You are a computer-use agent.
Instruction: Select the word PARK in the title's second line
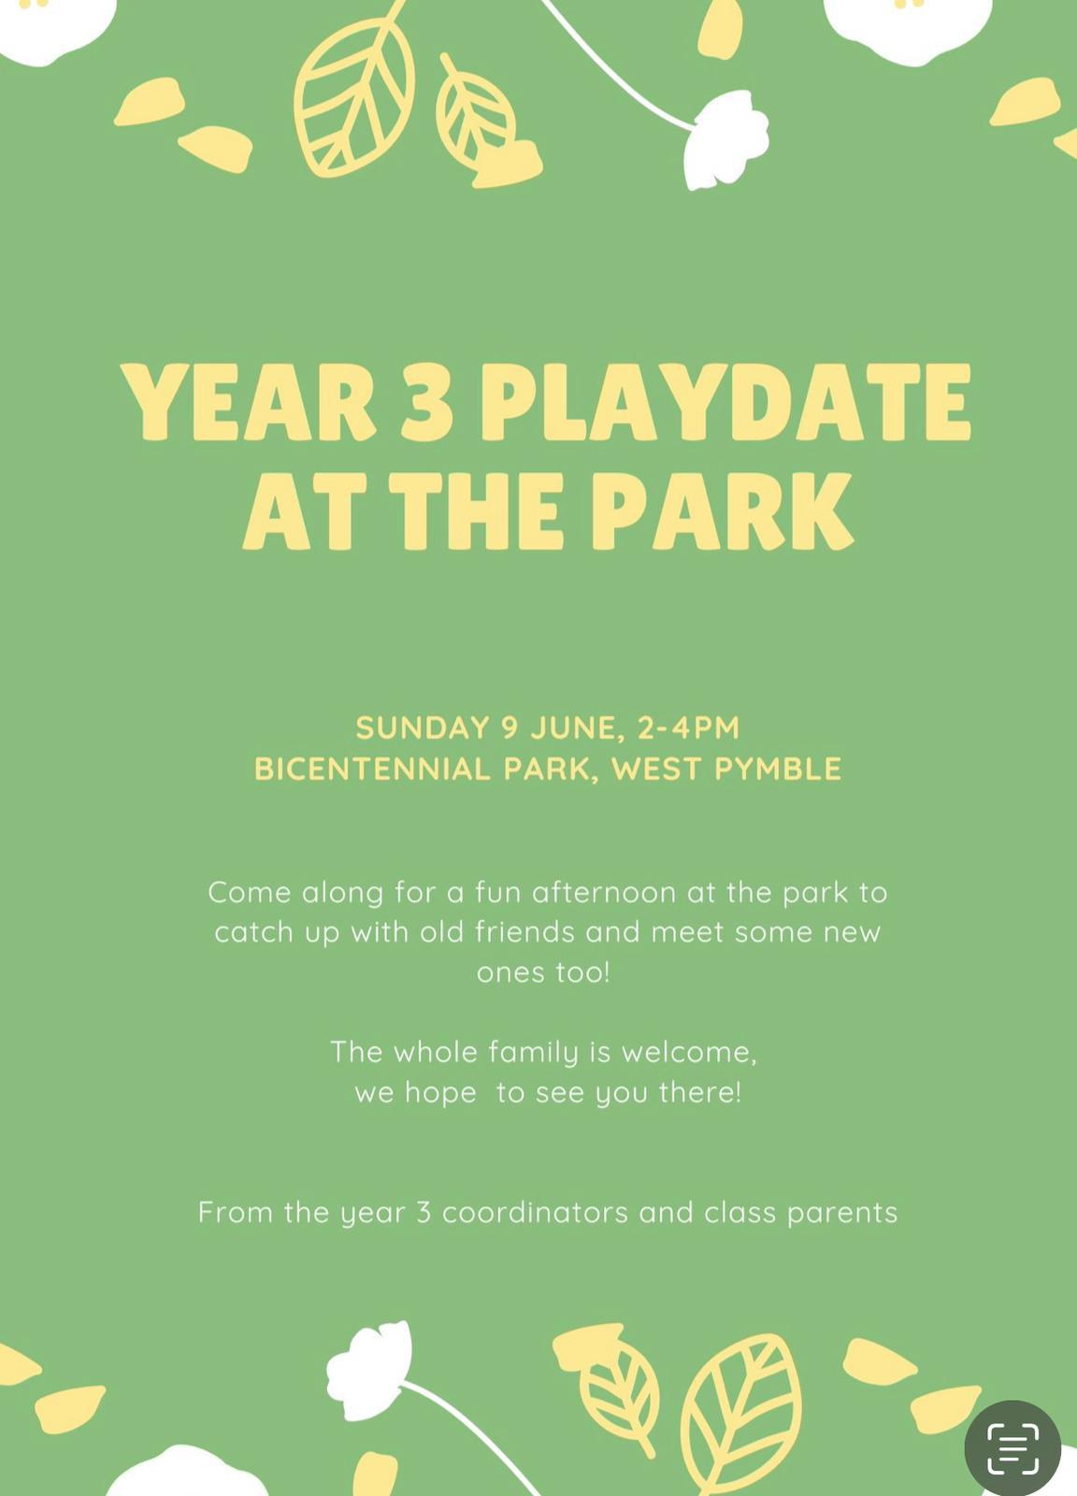[722, 511]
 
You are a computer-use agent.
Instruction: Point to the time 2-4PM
[688, 727]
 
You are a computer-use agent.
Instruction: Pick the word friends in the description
[524, 932]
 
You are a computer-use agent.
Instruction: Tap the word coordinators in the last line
[535, 1213]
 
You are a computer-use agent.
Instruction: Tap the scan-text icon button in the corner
[1012, 1448]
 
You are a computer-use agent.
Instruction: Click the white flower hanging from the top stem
[725, 139]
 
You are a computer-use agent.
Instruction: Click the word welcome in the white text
[689, 1053]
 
